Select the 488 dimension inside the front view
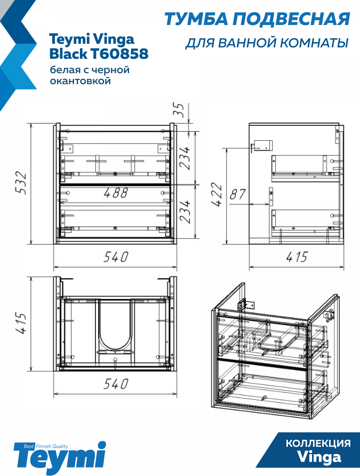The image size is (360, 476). tap(116, 193)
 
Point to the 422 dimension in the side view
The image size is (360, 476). tap(218, 195)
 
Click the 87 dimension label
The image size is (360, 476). tap(237, 194)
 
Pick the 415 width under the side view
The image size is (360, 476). tap(297, 257)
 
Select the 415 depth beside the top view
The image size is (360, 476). tap(21, 323)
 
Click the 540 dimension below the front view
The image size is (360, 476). tap(116, 257)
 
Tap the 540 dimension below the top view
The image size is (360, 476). tap(116, 384)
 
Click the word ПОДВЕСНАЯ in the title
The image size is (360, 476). tap(291, 19)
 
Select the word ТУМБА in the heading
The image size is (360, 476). tap(196, 19)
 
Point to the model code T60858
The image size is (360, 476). tap(119, 54)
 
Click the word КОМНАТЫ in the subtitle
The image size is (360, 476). tap(314, 43)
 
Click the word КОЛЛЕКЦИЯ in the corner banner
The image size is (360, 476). tap(318, 443)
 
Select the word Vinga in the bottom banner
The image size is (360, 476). tap(319, 457)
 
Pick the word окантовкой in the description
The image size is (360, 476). tap(80, 81)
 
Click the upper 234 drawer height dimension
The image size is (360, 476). tap(184, 158)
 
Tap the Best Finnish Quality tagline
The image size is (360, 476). tap(46, 446)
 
